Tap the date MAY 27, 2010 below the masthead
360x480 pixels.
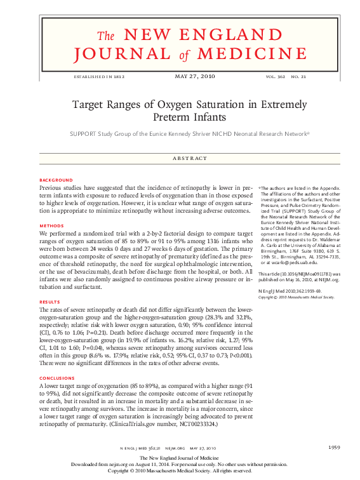pyautogui.click(x=194, y=76)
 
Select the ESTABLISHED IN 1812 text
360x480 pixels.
pyautogui.click(x=99, y=76)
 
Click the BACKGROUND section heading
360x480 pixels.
pyautogui.click(x=56, y=180)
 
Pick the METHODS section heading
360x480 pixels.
pyautogui.click(x=51, y=226)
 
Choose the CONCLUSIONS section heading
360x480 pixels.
pyautogui.click(x=58, y=378)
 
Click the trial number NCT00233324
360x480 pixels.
pyautogui.click(x=192, y=422)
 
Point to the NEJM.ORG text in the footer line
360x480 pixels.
pyautogui.click(x=174, y=448)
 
